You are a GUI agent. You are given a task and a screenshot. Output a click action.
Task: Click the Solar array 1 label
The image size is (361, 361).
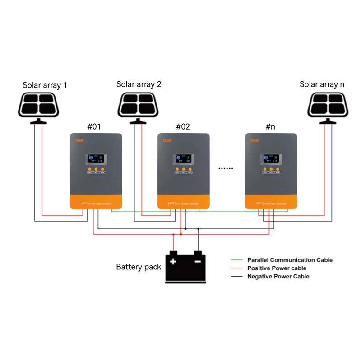point(45,85)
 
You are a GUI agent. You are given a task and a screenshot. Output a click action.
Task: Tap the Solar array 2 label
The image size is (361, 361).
point(139,84)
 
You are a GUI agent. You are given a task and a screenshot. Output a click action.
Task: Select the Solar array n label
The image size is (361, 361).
point(322,84)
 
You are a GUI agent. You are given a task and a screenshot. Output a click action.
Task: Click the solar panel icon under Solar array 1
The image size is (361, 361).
point(39,105)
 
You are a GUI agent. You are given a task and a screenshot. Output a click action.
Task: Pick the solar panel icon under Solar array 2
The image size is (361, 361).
point(139,105)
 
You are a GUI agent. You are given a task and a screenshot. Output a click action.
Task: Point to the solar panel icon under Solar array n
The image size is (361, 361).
point(328,105)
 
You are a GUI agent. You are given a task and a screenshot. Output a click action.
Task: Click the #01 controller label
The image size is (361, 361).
point(94,127)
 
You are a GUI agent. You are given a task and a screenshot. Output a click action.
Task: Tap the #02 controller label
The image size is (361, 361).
point(183,127)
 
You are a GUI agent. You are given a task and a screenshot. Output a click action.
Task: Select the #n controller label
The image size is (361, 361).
point(270,127)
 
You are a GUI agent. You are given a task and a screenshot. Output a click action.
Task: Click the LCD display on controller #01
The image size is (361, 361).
point(95,158)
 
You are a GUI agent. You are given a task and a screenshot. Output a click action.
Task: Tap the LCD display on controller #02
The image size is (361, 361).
point(184,158)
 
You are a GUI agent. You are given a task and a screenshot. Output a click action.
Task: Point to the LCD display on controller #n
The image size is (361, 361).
point(271,158)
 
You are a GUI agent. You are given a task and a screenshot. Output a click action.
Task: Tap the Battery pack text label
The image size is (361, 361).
point(139,267)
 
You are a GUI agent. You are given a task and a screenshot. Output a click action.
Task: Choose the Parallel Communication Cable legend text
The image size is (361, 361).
point(290,260)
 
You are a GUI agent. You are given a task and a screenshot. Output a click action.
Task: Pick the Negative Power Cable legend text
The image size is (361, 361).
point(278,276)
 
